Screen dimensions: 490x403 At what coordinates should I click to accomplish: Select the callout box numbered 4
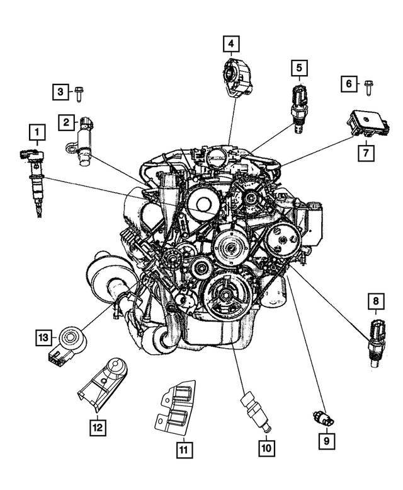point(231,44)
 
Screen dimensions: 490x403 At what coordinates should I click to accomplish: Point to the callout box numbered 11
point(183,450)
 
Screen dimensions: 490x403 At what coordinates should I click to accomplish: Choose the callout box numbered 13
point(42,339)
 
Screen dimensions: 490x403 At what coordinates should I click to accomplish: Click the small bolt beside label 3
point(79,93)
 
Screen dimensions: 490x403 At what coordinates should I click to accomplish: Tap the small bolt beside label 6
point(368,83)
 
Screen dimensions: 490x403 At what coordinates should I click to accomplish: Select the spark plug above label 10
point(255,411)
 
